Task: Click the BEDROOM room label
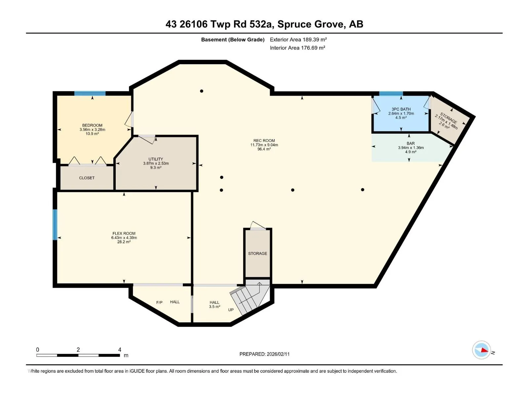(92, 125)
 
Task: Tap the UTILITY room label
(156, 159)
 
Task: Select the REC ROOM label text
(264, 141)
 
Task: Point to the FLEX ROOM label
(124, 233)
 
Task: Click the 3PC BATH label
(401, 109)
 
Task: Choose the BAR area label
(411, 144)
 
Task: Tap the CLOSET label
(87, 178)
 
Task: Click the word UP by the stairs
(231, 310)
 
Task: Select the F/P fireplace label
(159, 302)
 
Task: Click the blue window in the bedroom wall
(90, 94)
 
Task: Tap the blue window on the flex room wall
(55, 225)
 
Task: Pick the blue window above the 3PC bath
(391, 94)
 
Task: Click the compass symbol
(481, 350)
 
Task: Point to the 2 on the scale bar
(78, 349)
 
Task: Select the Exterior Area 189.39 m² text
(298, 39)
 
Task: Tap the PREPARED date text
(264, 354)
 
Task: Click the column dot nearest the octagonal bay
(201, 91)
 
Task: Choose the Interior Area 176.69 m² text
(297, 48)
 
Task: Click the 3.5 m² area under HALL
(215, 307)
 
